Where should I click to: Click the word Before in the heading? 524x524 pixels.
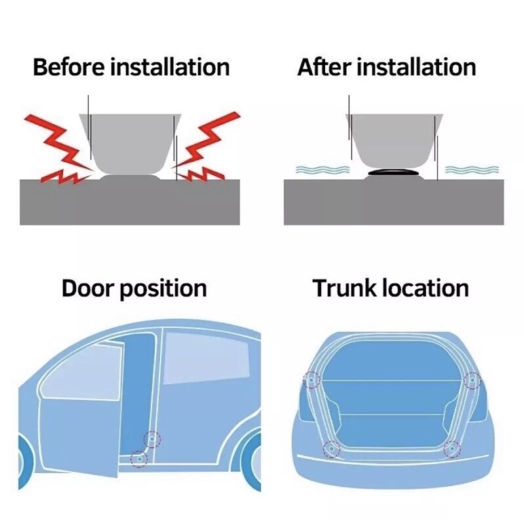[x=69, y=67]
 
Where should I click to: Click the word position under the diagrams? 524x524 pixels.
[x=163, y=290]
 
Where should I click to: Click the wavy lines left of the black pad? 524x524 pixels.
[x=322, y=170]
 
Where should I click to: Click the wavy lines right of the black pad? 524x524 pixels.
[x=472, y=170]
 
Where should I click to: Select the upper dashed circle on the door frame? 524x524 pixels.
[x=152, y=439]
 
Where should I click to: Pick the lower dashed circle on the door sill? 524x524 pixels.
[x=139, y=459]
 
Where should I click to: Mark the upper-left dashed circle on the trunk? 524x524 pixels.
[x=312, y=380]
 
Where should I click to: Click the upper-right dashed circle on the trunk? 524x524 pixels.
[x=472, y=380]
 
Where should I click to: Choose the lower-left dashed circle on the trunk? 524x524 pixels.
[x=331, y=449]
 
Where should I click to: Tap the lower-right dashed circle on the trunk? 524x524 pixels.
[x=452, y=449]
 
